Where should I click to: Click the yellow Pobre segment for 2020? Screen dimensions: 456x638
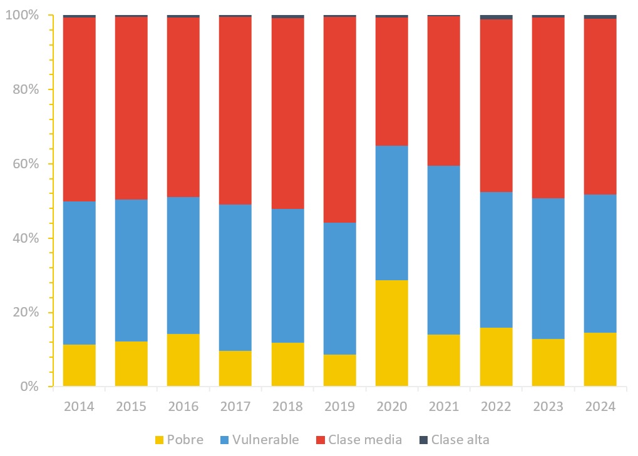[x=392, y=333]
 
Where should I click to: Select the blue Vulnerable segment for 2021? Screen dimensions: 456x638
[x=444, y=250]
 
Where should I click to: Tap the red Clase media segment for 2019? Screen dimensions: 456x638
[x=340, y=119]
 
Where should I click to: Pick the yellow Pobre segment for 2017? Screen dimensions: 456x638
[x=235, y=368]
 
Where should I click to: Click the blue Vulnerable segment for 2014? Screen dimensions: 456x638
[x=79, y=273]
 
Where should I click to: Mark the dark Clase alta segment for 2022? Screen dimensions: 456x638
[x=497, y=17]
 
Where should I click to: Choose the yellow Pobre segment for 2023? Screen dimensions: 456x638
[x=548, y=363]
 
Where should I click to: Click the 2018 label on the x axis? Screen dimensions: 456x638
[x=287, y=407]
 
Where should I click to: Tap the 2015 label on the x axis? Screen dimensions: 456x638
[x=131, y=407]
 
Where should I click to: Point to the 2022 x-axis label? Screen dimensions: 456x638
[x=497, y=407]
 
